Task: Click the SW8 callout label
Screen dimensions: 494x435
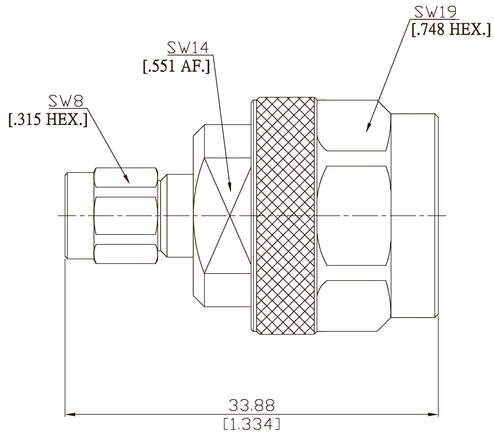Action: (66, 101)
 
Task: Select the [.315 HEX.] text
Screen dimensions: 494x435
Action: (48, 120)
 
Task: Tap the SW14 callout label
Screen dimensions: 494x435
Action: (188, 48)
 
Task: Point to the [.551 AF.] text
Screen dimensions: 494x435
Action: (176, 66)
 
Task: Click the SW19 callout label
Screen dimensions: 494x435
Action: (435, 12)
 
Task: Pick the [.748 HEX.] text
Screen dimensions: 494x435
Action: (451, 30)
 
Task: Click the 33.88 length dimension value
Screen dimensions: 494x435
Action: (251, 405)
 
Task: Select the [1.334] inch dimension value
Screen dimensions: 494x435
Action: (251, 424)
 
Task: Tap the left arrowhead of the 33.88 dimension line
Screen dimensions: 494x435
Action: (70, 414)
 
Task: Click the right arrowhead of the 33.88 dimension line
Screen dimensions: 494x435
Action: (433, 414)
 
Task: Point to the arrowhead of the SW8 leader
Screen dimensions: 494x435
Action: (127, 179)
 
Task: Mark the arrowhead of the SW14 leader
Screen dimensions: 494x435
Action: (230, 187)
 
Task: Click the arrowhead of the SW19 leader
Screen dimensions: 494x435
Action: (368, 127)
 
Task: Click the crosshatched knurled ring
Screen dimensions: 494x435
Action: (286, 216)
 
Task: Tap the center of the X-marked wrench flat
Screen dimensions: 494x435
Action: (230, 216)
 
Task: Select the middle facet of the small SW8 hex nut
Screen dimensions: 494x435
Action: (125, 216)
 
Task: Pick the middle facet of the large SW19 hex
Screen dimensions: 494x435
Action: (354, 216)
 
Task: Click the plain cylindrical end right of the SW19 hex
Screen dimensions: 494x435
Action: (414, 216)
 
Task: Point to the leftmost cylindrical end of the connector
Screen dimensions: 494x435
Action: (79, 216)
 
